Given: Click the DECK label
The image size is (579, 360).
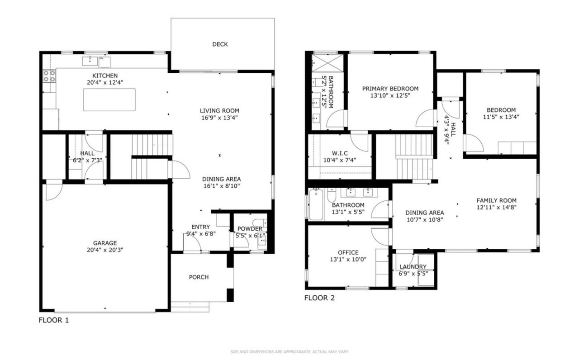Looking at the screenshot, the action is (220, 44).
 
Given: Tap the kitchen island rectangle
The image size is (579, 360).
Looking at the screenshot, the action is (109, 100).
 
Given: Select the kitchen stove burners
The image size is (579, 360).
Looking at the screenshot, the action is (49, 76).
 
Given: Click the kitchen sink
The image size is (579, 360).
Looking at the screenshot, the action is (90, 61).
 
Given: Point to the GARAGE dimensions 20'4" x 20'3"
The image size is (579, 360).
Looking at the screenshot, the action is (105, 250).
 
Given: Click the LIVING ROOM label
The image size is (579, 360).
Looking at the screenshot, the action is (219, 111).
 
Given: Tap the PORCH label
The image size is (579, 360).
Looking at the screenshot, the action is (199, 277).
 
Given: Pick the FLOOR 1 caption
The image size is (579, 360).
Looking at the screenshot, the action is (54, 320).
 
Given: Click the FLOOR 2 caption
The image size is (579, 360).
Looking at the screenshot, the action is (319, 298).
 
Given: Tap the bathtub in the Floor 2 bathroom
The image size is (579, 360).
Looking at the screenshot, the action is (316, 204).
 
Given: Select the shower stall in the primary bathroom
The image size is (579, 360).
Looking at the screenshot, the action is (327, 63).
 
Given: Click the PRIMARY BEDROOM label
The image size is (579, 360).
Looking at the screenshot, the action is (390, 89).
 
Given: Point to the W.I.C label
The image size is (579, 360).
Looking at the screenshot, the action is (340, 153).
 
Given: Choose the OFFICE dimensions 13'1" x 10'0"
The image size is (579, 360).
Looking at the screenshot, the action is (348, 259).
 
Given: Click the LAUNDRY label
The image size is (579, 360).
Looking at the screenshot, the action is (413, 267).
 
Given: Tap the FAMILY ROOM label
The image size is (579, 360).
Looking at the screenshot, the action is (497, 200).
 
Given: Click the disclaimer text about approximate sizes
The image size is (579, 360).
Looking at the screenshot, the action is (289, 352).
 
